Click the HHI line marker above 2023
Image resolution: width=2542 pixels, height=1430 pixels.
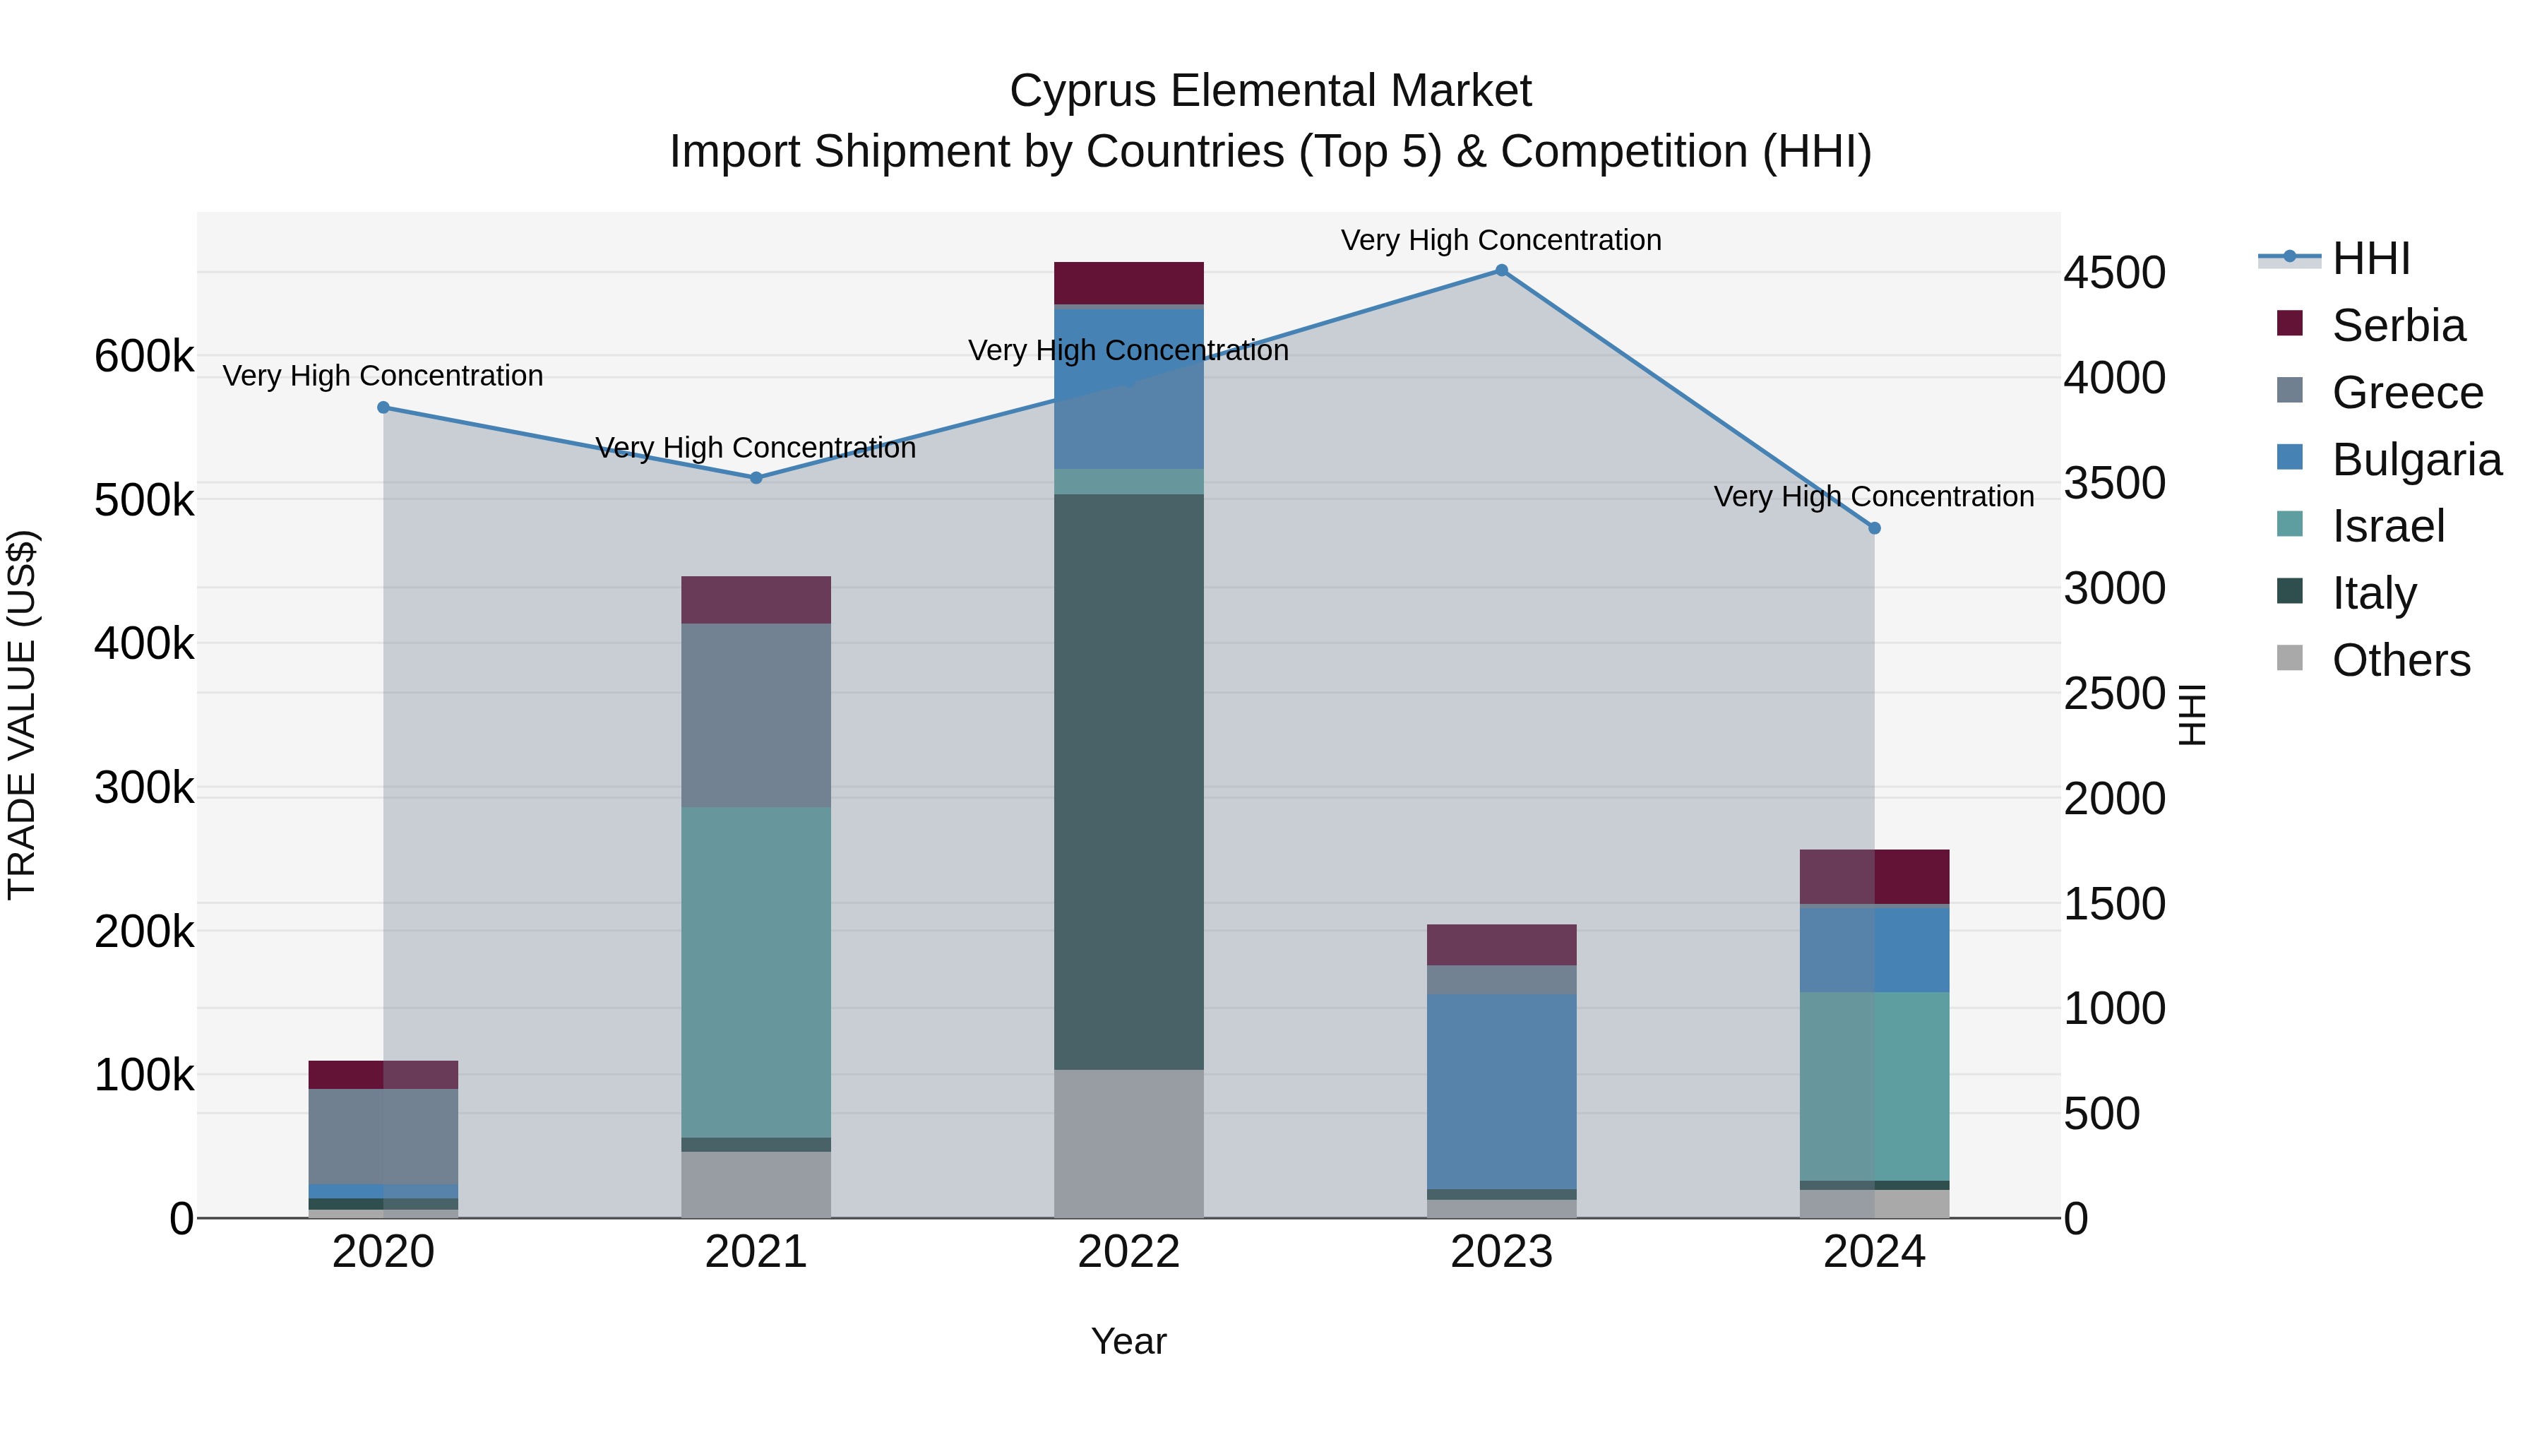[1501, 270]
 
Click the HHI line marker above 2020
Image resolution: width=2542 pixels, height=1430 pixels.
[384, 407]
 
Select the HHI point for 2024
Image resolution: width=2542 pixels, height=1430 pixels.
[1875, 528]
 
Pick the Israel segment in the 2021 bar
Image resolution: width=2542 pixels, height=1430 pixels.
[756, 972]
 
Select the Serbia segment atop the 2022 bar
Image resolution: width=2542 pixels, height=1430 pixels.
[1129, 283]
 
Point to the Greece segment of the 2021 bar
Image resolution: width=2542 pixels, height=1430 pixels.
[756, 715]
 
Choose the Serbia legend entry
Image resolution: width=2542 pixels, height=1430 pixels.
[2398, 326]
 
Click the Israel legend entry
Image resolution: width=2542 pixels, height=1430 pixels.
[2388, 526]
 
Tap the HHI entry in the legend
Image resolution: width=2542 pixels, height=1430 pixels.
[2370, 258]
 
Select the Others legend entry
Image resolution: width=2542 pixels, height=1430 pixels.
[2400, 660]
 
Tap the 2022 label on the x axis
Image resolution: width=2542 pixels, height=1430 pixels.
[1129, 1252]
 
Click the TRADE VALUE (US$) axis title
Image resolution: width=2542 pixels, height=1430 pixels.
[22, 715]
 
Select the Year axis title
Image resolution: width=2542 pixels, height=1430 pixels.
[1129, 1341]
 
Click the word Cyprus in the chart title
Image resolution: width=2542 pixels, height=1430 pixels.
[1082, 92]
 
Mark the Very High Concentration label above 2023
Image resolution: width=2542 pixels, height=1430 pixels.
[1501, 240]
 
